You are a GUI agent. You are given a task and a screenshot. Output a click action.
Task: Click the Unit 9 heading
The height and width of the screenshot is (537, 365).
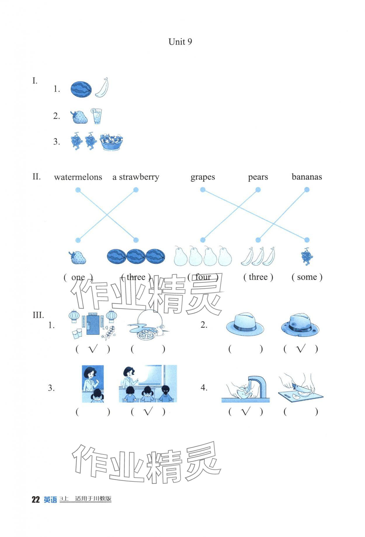(180, 42)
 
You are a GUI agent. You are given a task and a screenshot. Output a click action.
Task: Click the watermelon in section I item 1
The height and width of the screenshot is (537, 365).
(81, 89)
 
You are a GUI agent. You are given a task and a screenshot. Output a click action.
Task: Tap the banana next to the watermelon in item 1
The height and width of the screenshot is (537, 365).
(102, 87)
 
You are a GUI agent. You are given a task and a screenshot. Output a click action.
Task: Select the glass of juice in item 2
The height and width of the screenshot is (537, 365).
(97, 116)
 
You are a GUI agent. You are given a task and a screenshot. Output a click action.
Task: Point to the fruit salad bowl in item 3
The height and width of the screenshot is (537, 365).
(111, 142)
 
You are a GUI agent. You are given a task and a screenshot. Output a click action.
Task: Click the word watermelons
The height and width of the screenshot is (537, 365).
(78, 177)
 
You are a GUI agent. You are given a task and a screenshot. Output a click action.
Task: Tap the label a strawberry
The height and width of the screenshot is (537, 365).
(136, 177)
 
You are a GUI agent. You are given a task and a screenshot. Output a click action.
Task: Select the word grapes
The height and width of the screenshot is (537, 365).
(203, 177)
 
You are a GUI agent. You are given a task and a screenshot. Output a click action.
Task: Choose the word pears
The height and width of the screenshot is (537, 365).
(258, 177)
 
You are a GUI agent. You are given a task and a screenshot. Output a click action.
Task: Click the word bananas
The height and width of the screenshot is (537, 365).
(307, 177)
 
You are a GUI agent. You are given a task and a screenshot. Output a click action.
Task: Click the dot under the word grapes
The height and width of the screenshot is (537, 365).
(203, 190)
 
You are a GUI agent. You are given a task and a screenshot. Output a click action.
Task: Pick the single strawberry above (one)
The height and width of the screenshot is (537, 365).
(77, 257)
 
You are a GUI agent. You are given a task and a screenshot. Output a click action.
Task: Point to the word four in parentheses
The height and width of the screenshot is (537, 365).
(203, 277)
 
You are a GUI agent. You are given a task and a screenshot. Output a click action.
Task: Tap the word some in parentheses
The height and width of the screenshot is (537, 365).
(307, 277)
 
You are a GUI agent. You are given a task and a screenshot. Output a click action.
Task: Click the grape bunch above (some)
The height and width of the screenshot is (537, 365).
(307, 256)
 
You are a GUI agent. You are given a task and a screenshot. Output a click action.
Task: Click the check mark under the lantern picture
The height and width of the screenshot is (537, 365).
(93, 349)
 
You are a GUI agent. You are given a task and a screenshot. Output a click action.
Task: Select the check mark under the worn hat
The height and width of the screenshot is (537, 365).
(300, 348)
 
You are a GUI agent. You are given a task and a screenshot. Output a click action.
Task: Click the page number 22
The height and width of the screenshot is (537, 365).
(35, 500)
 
